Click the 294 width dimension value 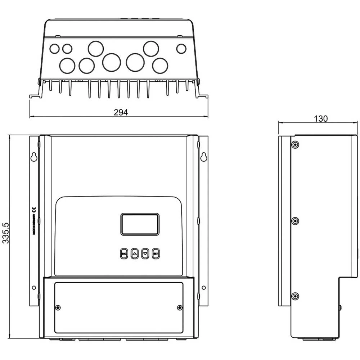[x=121, y=112]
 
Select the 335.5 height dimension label [x=5, y=233]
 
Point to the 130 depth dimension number [x=320, y=118]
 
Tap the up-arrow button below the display [x=135, y=253]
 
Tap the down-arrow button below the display [x=145, y=253]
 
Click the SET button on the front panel [x=156, y=253]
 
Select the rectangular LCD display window [x=140, y=224]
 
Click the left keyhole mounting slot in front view [x=34, y=157]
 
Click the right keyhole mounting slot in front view [x=203, y=157]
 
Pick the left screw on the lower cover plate [x=58, y=307]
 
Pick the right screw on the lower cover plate [x=180, y=307]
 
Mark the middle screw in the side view [x=295, y=221]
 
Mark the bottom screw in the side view [x=295, y=296]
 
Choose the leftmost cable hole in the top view [x=54, y=49]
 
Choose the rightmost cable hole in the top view [x=181, y=49]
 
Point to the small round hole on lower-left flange [x=34, y=288]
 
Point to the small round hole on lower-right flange [x=203, y=288]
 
